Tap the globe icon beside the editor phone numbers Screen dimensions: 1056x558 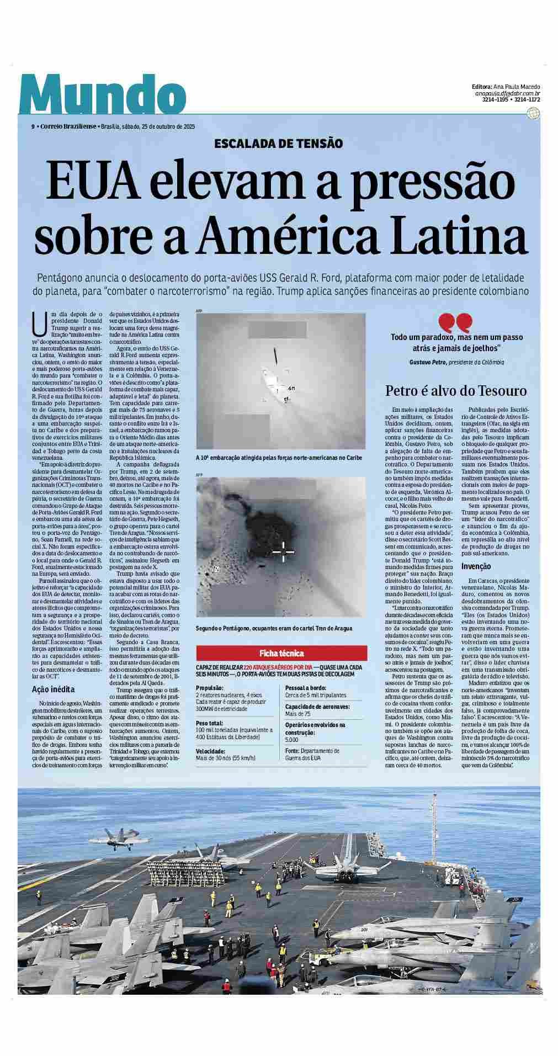click(533, 113)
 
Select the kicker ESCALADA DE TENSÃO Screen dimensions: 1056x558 click(279, 144)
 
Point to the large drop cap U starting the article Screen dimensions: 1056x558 click(39, 323)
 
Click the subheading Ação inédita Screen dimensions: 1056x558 click(53, 689)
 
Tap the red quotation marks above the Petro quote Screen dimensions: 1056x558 click(456, 322)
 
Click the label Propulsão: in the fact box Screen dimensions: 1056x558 click(210, 688)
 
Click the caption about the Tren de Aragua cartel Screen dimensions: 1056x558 click(274, 629)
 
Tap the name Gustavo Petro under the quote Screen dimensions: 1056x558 click(428, 362)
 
